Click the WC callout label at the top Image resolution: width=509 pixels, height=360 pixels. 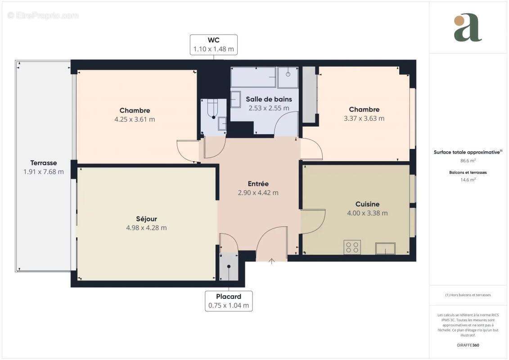click(213, 45)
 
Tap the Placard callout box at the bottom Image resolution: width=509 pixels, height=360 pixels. click(229, 301)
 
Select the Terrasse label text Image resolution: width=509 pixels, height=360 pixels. click(44, 163)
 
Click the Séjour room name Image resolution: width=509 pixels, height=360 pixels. click(147, 219)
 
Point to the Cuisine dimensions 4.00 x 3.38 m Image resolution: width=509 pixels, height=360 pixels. click(367, 213)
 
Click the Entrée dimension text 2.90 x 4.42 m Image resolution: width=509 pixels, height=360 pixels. click(258, 193)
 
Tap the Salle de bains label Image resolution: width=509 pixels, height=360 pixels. click(269, 99)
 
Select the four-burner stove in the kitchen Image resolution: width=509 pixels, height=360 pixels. click(352, 247)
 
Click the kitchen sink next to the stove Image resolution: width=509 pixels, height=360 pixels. click(385, 248)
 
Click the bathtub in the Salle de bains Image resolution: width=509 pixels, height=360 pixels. click(253, 77)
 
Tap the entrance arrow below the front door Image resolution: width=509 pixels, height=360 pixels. click(271, 261)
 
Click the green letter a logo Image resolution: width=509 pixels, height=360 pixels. click(468, 28)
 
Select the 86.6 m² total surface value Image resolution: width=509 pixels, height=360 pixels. click(468, 160)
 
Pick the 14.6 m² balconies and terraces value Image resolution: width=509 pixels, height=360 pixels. click(468, 179)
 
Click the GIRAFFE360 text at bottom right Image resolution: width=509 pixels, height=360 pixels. click(468, 345)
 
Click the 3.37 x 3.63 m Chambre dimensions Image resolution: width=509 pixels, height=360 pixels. click(364, 119)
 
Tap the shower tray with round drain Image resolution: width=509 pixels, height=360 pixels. click(288, 77)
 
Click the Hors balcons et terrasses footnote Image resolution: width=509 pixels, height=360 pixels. click(468, 295)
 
